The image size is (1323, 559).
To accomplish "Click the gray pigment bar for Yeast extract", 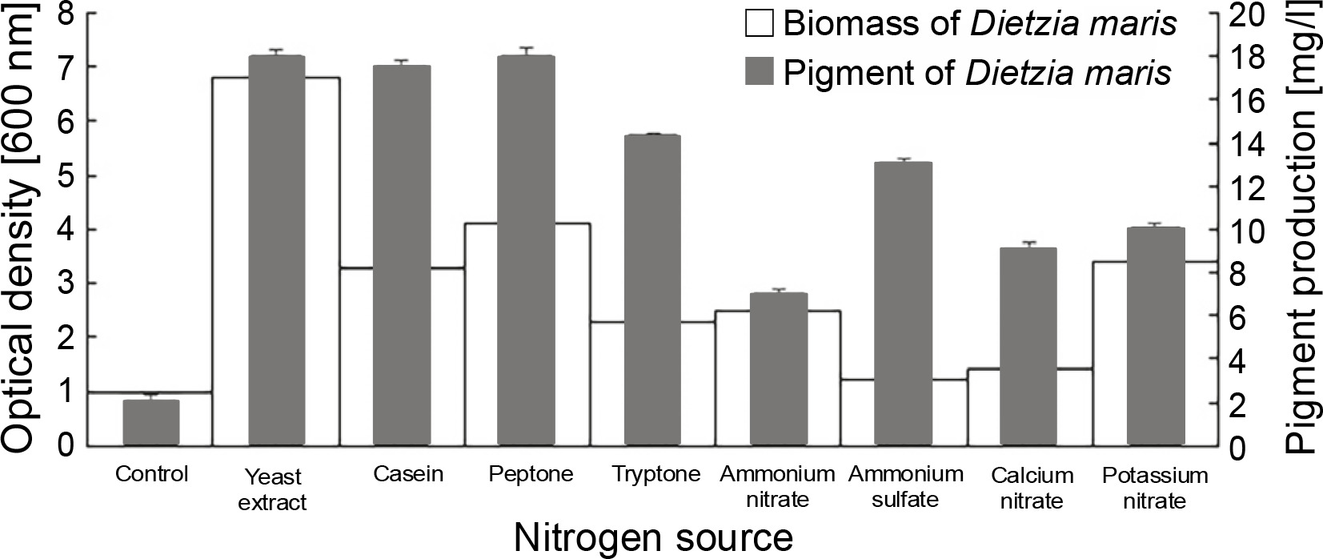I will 276,250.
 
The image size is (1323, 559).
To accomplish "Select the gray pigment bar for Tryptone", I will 651,290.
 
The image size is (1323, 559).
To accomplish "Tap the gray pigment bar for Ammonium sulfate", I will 903,304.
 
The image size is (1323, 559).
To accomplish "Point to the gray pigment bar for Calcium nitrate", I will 1028,346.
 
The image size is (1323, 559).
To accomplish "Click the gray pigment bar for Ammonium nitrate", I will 777,368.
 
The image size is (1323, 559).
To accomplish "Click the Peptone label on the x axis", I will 531,474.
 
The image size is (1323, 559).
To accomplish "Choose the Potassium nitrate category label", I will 1153,489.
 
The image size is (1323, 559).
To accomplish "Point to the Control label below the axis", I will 151,474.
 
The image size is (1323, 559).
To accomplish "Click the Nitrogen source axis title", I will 653,537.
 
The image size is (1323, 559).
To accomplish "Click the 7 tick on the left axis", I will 71,67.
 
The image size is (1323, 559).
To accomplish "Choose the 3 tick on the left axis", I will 71,284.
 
